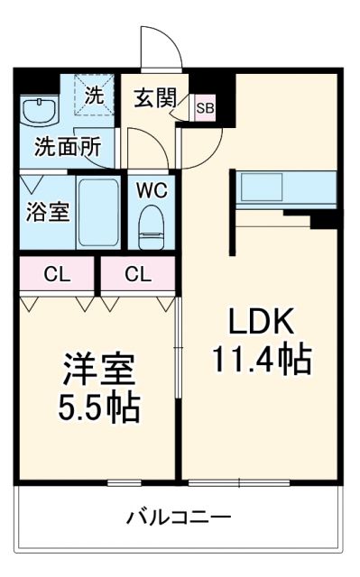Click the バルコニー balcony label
pyautogui.click(x=178, y=517)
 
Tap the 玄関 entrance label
pyautogui.click(x=156, y=96)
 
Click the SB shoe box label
pyautogui.click(x=206, y=108)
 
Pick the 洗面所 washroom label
pyautogui.click(x=67, y=148)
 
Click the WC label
pyautogui.click(x=151, y=190)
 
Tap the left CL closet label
pyautogui.click(x=56, y=275)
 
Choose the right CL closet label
pyautogui.click(x=137, y=275)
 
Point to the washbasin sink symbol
pyautogui.click(x=38, y=112)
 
